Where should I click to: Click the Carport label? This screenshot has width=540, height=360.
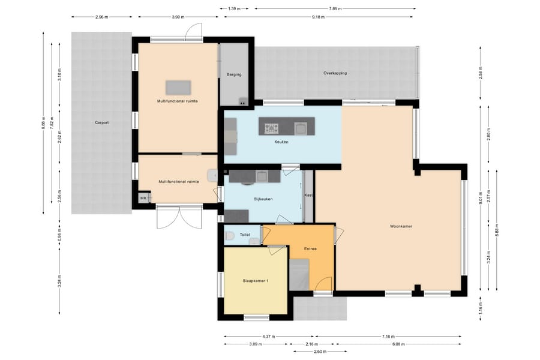point(101,122)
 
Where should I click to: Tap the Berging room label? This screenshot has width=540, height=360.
point(234,74)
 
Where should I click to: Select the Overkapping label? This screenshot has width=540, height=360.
point(335,73)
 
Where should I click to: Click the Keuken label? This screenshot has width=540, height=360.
point(281,142)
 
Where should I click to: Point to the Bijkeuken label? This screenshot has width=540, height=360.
point(263,199)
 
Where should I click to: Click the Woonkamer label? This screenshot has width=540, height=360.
point(401,226)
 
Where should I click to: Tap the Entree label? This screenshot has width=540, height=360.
point(310,249)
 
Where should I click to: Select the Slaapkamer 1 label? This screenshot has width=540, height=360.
point(256,281)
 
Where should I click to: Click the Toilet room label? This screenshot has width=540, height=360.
point(245,235)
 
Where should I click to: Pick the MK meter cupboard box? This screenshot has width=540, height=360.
point(143,198)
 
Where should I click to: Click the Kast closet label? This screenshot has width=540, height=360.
point(308,196)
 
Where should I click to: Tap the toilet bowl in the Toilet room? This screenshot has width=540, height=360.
point(230,236)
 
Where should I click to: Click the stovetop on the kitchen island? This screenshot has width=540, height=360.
point(271,128)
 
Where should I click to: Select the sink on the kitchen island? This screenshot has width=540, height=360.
point(300,128)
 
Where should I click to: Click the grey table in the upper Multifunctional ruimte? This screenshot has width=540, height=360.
point(178,88)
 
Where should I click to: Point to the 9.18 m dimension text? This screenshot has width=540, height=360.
point(318,17)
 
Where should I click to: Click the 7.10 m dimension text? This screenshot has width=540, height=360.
point(388,336)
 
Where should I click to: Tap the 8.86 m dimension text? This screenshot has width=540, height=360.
point(43,123)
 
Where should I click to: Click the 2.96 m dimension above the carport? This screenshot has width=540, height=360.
point(101,17)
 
